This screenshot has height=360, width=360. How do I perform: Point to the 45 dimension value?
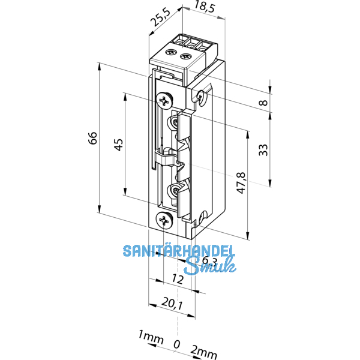[x=118, y=144]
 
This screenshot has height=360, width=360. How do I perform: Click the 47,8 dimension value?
[x=240, y=183]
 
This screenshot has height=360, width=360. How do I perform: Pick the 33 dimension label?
[x=262, y=150]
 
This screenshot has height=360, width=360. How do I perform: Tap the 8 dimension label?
[x=262, y=103]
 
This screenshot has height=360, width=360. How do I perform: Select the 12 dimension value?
[x=178, y=280]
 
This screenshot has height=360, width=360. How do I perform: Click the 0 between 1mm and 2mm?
[x=176, y=344]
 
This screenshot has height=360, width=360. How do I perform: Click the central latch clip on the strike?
[x=167, y=160]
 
